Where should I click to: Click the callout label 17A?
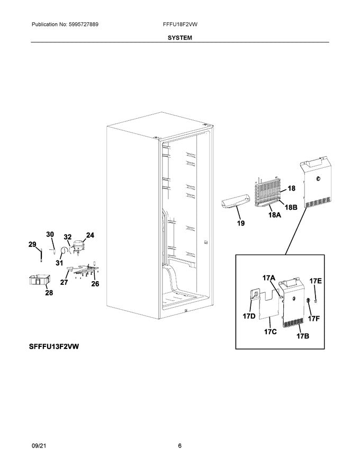269,277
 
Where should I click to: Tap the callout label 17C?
270,331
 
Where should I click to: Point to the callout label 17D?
249,317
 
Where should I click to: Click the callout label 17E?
316,281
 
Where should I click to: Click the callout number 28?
49,292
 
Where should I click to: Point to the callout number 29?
32,244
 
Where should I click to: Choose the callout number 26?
95,284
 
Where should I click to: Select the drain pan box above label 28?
41,279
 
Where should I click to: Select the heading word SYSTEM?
180,38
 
